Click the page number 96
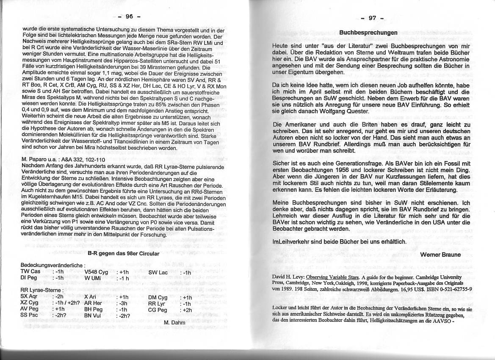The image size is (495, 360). (x=129, y=17)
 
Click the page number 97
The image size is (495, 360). (x=372, y=18)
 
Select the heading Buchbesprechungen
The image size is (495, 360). (x=368, y=32)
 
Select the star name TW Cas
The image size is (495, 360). (x=30, y=271)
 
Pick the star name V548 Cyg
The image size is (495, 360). (x=97, y=271)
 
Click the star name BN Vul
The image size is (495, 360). (x=93, y=316)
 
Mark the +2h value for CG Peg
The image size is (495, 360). (x=186, y=310)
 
